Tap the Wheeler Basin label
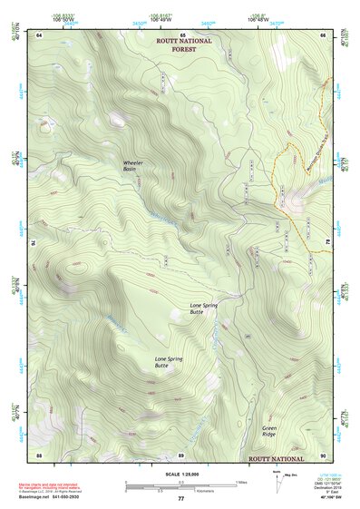click(x=134, y=166)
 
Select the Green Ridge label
click(x=269, y=432)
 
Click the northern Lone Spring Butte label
click(x=203, y=308)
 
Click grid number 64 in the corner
click(x=40, y=34)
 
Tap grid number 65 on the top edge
click(x=181, y=34)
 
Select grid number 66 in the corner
click(x=323, y=34)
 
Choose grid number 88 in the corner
click(x=40, y=454)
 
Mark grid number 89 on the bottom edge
click(x=181, y=454)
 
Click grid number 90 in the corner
click(x=323, y=454)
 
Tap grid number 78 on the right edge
click(x=327, y=243)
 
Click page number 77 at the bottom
click(x=180, y=499)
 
